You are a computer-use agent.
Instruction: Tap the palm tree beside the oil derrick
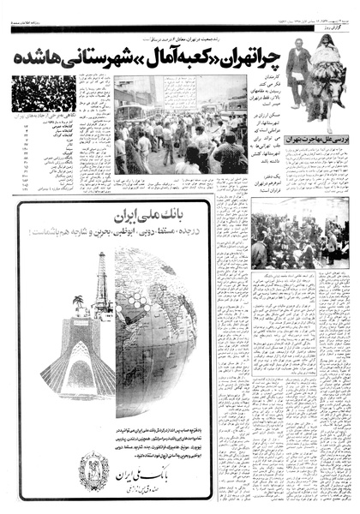[x=80, y=303]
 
